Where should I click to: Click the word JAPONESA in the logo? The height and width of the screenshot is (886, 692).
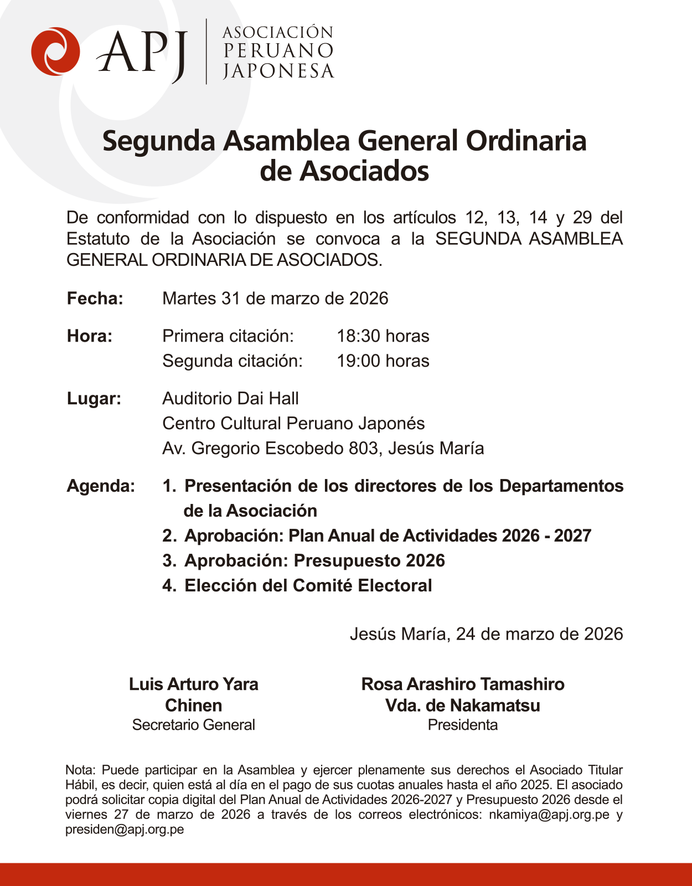click(x=278, y=71)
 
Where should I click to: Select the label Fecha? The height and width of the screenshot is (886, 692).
click(x=95, y=298)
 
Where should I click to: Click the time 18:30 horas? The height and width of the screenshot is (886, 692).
click(x=383, y=336)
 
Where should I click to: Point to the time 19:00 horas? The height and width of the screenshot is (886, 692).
click(x=383, y=361)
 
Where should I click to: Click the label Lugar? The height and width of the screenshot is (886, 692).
click(x=94, y=399)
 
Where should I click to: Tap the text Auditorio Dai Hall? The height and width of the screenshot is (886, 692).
click(x=230, y=399)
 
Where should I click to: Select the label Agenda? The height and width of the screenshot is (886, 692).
click(x=101, y=486)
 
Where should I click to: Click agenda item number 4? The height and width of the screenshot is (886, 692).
click(x=169, y=586)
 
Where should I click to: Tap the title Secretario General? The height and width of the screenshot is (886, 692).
click(x=193, y=725)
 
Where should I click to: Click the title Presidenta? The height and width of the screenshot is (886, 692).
click(x=462, y=725)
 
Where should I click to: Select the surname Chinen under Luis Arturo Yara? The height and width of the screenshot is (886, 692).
click(x=193, y=705)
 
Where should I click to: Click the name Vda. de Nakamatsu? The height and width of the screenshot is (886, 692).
click(x=462, y=705)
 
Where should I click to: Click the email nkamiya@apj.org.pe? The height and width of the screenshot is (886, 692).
click(x=549, y=815)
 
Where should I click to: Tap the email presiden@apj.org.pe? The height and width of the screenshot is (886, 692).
click(x=125, y=830)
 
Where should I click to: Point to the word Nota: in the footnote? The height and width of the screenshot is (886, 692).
click(x=81, y=770)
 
